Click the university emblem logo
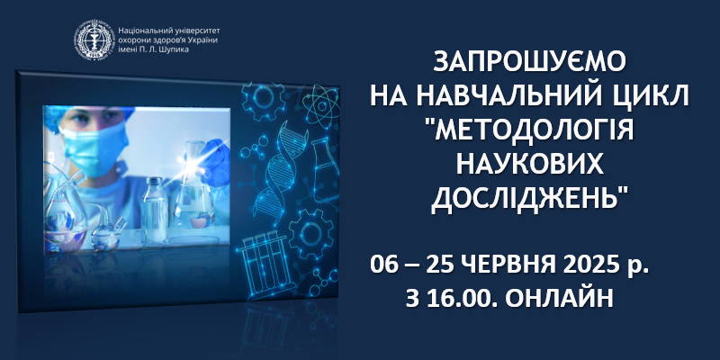pyautogui.click(x=94, y=40)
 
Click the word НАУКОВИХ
pyautogui.click(x=529, y=165)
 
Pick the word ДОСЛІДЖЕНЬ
pyautogui.click(x=527, y=201)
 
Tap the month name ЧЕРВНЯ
pyautogui.click(x=510, y=266)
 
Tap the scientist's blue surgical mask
pyautogui.click(x=94, y=148)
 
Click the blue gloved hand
pyautogui.click(x=212, y=161)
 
